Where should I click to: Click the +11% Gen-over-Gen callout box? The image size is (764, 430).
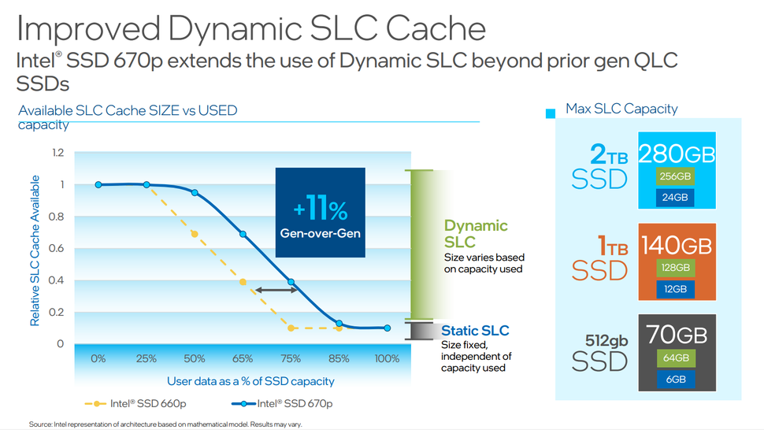320,213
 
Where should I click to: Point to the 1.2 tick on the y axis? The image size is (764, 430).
57,153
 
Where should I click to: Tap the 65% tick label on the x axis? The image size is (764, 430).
243,359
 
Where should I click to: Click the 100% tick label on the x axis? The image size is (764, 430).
387,359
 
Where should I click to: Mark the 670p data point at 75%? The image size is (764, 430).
291,282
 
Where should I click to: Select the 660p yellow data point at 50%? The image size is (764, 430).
195,234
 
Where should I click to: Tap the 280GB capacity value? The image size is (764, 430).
677,154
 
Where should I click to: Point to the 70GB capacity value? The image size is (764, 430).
677,335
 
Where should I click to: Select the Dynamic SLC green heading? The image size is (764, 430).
476,234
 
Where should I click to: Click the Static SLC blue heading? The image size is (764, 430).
475,331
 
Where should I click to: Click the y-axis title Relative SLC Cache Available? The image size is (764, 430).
35,250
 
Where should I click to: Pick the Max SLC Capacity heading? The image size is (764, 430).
621,109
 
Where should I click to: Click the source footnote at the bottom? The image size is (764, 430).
165,424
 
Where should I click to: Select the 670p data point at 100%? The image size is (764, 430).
387,328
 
